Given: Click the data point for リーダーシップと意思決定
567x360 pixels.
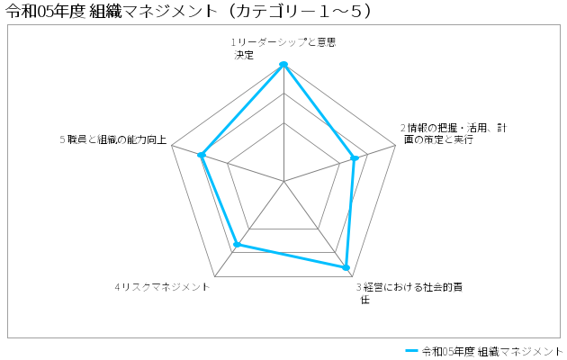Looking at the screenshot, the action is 283,64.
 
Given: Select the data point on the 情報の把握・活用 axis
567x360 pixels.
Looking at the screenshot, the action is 355,158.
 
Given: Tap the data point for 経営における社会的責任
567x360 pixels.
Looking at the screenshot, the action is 346,267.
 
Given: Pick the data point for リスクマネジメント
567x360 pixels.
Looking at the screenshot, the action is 238,244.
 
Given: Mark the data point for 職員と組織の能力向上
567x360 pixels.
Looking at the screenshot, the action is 202,155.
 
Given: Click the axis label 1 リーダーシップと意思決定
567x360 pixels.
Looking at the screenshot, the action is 283,49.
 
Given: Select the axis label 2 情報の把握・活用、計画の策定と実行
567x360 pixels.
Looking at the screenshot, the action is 454,133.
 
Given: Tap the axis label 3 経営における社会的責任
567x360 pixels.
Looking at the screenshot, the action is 409,293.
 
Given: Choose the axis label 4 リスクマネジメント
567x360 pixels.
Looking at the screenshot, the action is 162,287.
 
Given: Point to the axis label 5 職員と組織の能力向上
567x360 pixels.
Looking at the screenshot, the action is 113,139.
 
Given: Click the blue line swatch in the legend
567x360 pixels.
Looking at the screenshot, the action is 411,351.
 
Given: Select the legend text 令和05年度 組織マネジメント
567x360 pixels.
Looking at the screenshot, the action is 492,351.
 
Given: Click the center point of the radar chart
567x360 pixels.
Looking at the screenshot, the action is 283,181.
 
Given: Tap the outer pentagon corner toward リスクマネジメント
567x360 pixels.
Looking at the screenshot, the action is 215,277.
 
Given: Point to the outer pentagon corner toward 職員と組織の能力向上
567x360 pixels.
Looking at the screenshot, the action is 172,145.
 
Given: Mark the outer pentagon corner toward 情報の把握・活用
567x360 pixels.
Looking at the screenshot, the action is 396,145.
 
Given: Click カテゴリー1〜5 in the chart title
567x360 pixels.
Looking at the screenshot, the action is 301,11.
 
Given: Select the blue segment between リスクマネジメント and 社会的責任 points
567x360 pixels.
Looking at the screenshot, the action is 292,256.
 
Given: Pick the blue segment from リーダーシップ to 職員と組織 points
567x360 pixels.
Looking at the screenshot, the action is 243,110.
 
